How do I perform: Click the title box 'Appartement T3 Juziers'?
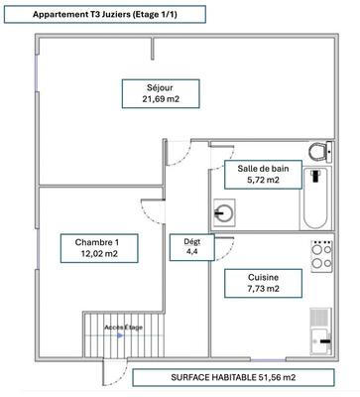click(x=103, y=15)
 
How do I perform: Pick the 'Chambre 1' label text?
click(x=97, y=240)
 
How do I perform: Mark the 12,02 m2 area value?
click(x=97, y=254)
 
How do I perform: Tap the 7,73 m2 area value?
click(x=250, y=289)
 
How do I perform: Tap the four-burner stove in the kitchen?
click(x=320, y=257)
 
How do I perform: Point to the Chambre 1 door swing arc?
click(x=151, y=210)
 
